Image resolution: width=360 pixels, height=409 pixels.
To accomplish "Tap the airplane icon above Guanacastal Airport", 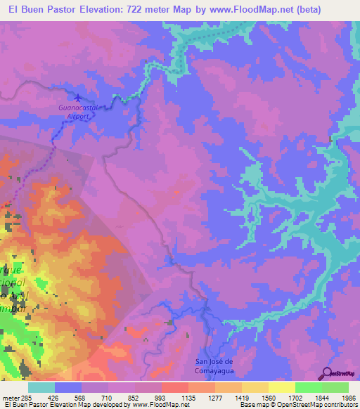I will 77,99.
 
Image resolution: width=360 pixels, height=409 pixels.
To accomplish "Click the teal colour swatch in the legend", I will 41,387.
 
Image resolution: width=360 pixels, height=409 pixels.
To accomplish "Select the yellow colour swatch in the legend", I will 281,387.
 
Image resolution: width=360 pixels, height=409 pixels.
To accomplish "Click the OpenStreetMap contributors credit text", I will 311,405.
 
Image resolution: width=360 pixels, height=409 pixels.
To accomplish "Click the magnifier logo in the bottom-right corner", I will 328,373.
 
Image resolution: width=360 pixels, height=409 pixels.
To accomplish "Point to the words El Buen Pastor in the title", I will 37,10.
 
